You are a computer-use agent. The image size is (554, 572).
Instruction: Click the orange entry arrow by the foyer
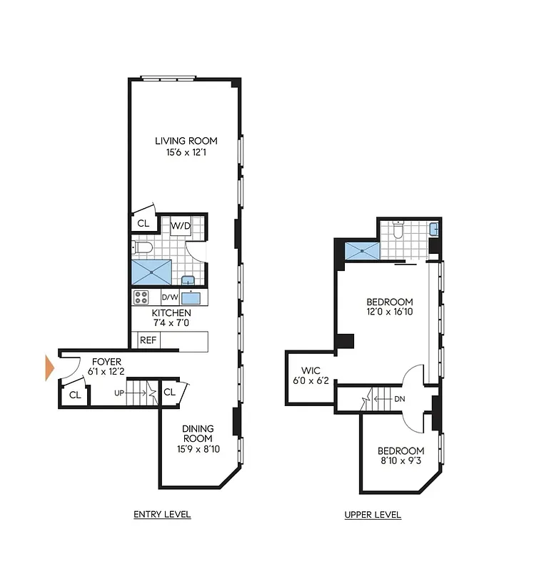pos(49,367)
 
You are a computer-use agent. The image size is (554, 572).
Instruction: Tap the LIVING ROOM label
pos(186,141)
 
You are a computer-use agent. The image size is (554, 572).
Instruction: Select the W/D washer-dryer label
pos(181,226)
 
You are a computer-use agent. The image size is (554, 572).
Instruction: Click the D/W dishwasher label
pos(170,297)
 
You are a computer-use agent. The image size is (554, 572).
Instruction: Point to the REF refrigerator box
pos(148,340)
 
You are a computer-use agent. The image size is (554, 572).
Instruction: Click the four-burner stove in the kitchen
pos(141,297)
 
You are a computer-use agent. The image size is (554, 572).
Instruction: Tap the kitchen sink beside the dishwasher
pos(191,297)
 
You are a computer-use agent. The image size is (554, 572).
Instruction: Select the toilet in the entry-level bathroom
pos(142,248)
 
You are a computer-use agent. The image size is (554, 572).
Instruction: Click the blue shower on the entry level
pos(151,272)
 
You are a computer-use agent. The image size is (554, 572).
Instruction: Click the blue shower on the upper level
pos(362,250)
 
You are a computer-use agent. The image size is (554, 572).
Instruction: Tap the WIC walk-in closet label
pos(311,370)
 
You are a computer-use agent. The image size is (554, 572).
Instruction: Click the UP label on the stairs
pos(120,393)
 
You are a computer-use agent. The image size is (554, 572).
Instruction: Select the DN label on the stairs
pos(400,398)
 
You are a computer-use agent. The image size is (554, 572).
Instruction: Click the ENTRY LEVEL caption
pos(162,515)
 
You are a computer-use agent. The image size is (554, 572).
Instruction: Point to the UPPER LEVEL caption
pos(372,515)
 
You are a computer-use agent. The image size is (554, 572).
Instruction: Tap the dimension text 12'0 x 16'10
pos(390,312)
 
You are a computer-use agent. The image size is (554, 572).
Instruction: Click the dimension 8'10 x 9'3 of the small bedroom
pos(401,461)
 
